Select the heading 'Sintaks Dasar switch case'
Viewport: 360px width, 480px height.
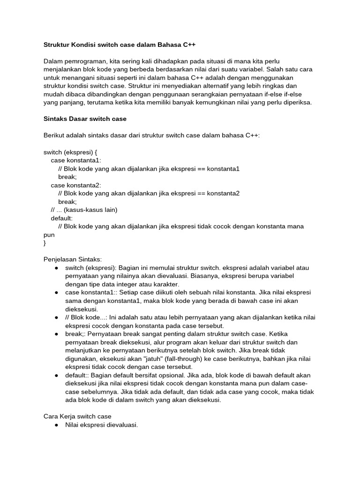pyautogui.click(x=85, y=119)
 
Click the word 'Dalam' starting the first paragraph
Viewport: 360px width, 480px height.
pyautogui.click(x=52, y=61)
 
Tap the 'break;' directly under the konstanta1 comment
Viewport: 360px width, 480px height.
pyautogui.click(x=67, y=177)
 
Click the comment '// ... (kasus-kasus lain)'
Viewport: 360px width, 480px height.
pyautogui.click(x=84, y=210)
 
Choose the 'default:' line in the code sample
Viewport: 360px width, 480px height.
pyautogui.click(x=62, y=218)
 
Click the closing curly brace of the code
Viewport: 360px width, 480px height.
pyautogui.click(x=45, y=243)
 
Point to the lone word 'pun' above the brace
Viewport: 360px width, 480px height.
pyautogui.click(x=49, y=234)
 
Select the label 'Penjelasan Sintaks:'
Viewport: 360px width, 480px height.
pyautogui.click(x=72, y=259)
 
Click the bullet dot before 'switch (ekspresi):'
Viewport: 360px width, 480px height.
pyautogui.click(x=56, y=268)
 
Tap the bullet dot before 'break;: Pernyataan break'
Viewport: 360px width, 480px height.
pyautogui.click(x=56, y=334)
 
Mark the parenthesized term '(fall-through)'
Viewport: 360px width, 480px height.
pyautogui.click(x=176, y=359)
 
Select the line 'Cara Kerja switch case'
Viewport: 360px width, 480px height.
pyautogui.click(x=77, y=416)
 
